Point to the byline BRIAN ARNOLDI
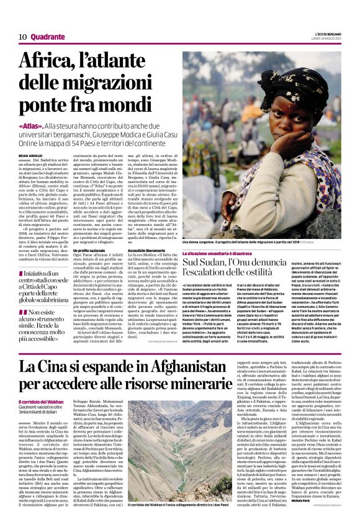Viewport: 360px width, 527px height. (32, 155)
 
